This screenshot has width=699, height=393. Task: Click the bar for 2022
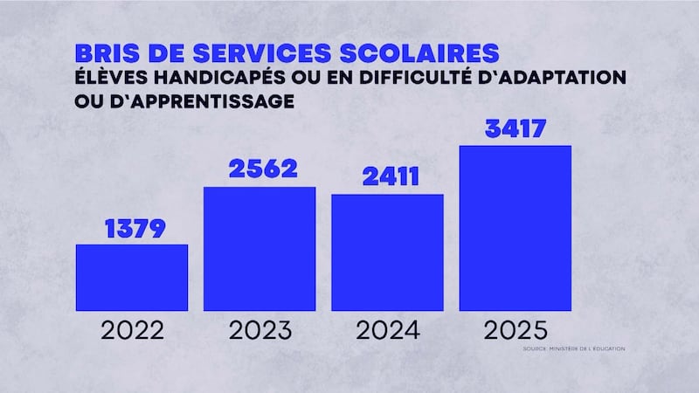tap(131, 277)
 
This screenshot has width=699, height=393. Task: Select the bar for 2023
tap(260, 249)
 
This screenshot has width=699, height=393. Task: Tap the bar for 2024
tap(387, 252)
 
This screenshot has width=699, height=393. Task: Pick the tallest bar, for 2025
tap(515, 227)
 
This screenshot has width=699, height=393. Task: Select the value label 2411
tap(387, 177)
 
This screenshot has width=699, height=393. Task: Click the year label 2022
tap(131, 331)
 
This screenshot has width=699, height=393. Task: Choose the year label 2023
tap(260, 331)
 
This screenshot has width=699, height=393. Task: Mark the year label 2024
tap(387, 331)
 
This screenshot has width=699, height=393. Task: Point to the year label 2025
tap(515, 331)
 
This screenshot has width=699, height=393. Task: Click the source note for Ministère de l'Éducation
tap(574, 349)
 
